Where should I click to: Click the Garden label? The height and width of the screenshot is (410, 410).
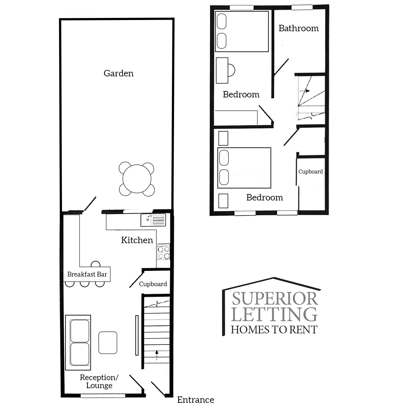[x=119, y=73]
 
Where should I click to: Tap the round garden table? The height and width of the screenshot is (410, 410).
[x=137, y=179]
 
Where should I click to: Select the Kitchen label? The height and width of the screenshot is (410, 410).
[x=137, y=240]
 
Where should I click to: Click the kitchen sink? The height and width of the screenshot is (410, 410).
[x=153, y=220]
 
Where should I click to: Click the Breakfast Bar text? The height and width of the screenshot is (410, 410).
[x=87, y=274]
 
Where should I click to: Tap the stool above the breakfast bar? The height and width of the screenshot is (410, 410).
[x=96, y=264]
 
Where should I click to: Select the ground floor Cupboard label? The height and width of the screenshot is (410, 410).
[x=153, y=284]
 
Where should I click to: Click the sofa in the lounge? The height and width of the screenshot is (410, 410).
[x=78, y=342]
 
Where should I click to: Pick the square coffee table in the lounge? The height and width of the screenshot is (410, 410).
[x=108, y=343]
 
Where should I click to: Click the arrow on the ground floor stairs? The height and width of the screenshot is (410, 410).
[x=157, y=355]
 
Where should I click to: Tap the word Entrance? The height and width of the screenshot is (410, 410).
[x=196, y=400]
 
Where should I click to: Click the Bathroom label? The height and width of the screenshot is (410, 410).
[x=299, y=28]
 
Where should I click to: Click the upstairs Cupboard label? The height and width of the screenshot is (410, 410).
[x=310, y=172]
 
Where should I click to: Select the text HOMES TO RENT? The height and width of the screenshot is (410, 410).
[x=274, y=330]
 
